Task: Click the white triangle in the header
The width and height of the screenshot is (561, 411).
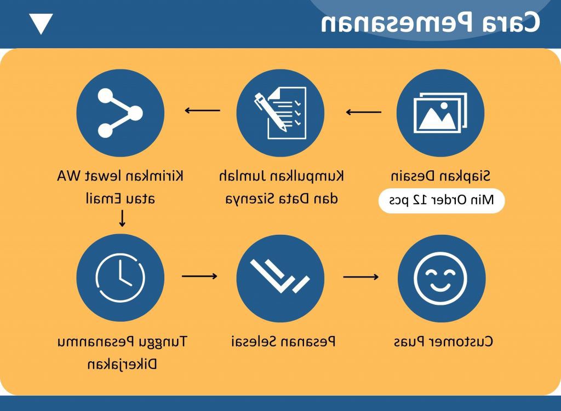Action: [x=41, y=23]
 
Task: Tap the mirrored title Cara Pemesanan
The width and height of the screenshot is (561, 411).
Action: [x=431, y=23]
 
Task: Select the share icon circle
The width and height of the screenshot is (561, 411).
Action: [x=120, y=113]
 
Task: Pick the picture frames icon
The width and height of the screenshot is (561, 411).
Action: [x=440, y=113]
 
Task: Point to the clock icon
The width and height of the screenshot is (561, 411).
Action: [x=120, y=277]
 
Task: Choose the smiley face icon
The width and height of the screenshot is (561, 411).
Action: [x=441, y=277]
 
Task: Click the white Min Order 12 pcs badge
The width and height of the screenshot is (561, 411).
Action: [x=442, y=200]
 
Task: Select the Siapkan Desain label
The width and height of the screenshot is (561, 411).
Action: [x=440, y=176]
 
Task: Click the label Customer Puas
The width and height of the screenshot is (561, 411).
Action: [x=443, y=341]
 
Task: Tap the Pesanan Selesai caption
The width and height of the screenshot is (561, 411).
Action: [x=283, y=341]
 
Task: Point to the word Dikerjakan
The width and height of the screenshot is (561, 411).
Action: [x=122, y=364]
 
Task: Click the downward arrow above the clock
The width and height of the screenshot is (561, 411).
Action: [x=122, y=218]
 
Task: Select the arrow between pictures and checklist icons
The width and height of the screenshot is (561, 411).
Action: [x=364, y=112]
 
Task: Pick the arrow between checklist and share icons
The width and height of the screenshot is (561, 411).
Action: [x=202, y=111]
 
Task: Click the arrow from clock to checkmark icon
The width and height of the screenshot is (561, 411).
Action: [x=199, y=276]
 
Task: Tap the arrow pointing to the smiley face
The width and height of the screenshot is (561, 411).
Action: [x=360, y=276]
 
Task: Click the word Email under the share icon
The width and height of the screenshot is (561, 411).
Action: [x=102, y=198]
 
